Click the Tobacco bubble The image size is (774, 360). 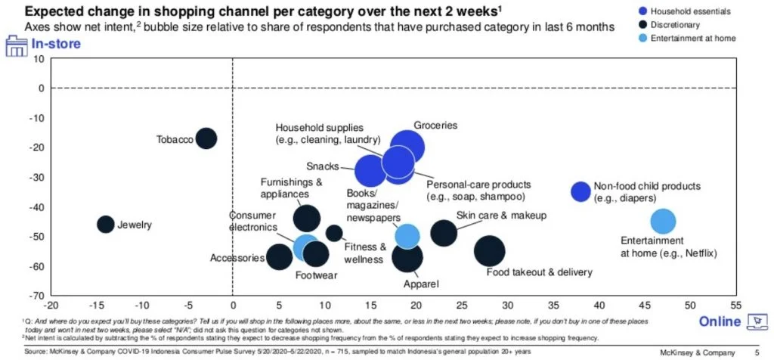coord(206,138)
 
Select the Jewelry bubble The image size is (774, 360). coord(105,224)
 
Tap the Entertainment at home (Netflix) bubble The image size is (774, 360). coord(662,222)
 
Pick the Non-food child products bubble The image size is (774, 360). coord(580,192)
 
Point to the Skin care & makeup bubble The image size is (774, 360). coord(444,231)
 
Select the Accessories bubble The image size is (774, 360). coord(280,256)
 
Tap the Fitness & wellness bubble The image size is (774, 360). coord(333,233)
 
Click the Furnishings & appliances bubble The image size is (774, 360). coord(306,218)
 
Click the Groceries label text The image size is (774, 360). coord(435,126)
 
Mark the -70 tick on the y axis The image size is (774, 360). coord(35,296)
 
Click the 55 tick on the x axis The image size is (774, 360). coord(735,306)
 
